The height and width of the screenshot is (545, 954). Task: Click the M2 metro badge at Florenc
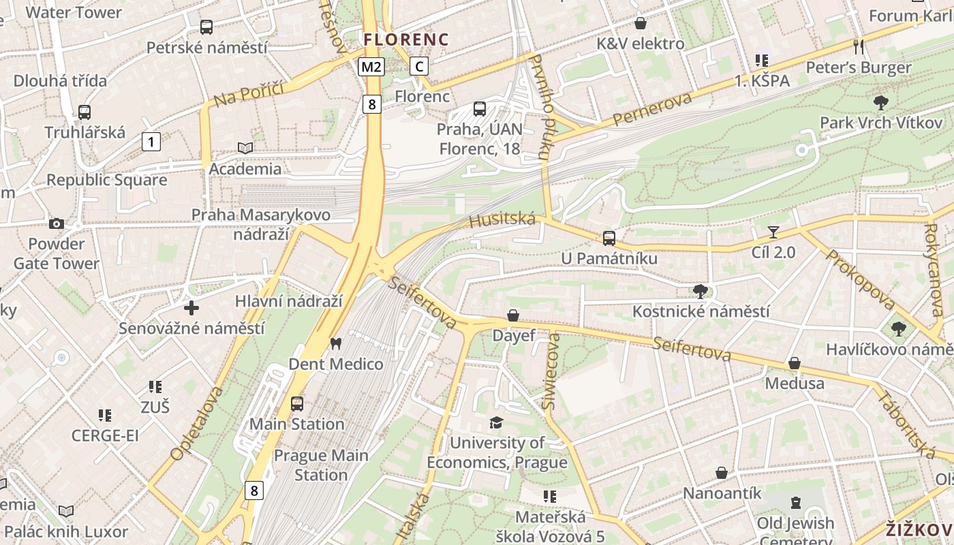coord(371,67)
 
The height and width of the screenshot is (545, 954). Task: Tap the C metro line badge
coord(419,66)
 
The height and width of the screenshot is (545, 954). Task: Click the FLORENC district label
coord(406,40)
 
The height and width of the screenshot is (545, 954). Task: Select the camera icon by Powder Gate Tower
coord(57,223)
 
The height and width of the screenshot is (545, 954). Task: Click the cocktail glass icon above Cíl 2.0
coord(773,232)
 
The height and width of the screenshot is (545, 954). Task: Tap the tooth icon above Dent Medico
coord(335,343)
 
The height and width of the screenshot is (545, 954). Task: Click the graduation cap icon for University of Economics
coord(497,423)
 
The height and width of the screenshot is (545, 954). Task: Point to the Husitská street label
coord(502,219)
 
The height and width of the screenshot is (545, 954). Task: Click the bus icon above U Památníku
coord(609,238)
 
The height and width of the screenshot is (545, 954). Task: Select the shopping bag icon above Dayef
coord(513,315)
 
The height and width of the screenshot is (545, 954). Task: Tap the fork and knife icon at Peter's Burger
coord(859,46)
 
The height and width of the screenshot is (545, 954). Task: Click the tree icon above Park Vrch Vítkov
coord(881,103)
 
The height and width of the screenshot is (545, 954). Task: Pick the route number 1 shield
coord(151,142)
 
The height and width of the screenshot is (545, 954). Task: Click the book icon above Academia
coord(245,148)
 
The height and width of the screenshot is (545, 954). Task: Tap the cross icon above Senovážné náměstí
coord(191,308)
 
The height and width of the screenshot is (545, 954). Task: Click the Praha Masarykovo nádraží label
coord(260,224)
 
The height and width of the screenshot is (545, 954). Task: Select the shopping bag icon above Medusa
coord(794,363)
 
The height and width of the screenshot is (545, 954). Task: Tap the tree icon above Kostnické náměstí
coord(700,292)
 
